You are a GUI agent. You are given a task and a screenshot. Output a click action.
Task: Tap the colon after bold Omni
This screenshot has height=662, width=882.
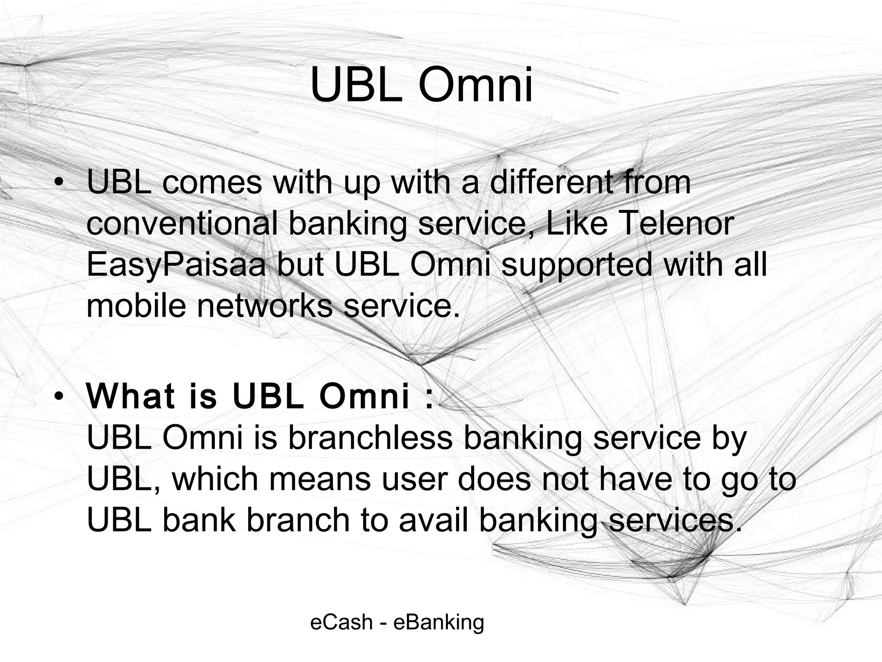(x=428, y=397)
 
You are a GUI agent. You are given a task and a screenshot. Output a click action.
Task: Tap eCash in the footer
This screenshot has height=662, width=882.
(x=341, y=622)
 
